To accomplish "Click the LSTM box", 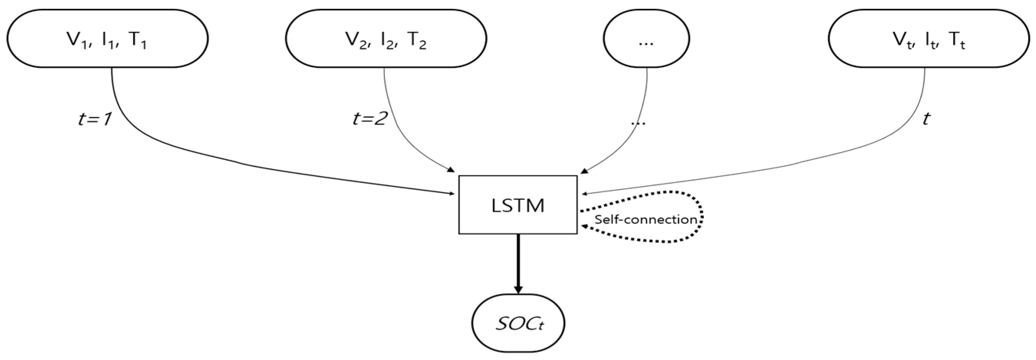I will pyautogui.click(x=518, y=205).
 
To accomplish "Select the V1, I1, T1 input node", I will pyautogui.click(x=107, y=39).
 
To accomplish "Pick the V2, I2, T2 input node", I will pyautogui.click(x=386, y=39).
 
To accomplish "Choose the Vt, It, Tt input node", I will pyautogui.click(x=928, y=39).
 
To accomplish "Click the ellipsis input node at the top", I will pyautogui.click(x=646, y=39).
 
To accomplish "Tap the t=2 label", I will pyautogui.click(x=370, y=120).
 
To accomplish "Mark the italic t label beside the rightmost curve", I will pyautogui.click(x=926, y=119).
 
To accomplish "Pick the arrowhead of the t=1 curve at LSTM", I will pyautogui.click(x=452, y=194).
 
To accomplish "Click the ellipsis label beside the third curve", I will pyautogui.click(x=638, y=122).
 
